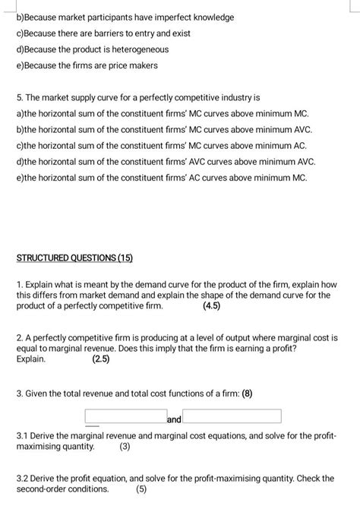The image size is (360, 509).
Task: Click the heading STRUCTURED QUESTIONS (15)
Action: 74,258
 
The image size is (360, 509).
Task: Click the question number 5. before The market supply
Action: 21,98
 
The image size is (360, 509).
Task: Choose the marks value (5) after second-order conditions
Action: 141,489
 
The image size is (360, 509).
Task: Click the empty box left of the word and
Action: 125,416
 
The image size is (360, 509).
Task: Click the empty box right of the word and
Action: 232,416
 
